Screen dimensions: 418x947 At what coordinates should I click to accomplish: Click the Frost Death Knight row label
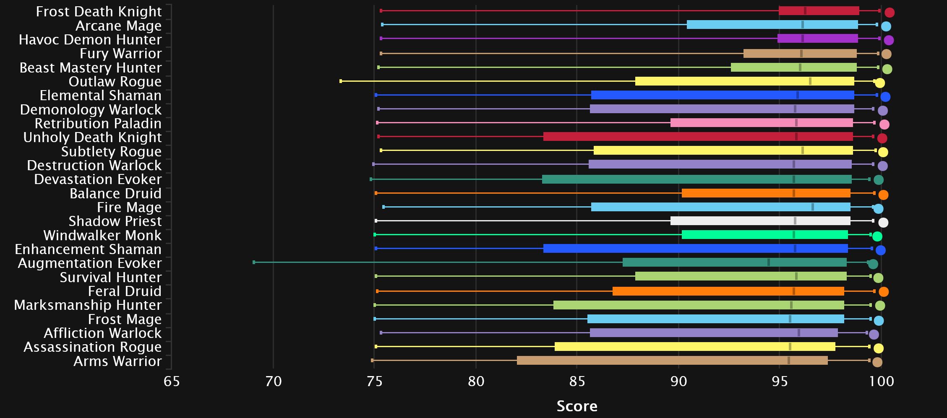99,12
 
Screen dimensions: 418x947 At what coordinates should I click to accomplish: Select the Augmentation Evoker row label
89,263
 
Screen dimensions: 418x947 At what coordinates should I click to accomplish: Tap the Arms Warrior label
117,361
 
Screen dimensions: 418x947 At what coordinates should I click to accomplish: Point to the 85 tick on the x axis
577,382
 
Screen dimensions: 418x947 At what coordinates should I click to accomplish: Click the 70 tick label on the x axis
273,382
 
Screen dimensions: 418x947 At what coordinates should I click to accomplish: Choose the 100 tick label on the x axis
881,382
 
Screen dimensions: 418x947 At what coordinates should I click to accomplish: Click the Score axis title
577,406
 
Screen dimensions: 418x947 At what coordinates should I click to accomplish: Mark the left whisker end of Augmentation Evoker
254,262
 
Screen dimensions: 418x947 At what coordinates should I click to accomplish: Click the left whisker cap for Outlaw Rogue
341,81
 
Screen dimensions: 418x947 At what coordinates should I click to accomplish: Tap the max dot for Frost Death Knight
890,13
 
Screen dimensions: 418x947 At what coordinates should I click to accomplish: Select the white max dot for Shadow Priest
883,223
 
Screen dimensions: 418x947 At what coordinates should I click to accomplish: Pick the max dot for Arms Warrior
877,362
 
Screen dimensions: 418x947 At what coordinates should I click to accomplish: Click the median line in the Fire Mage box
813,207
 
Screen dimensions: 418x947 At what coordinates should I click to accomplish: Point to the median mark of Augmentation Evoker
769,262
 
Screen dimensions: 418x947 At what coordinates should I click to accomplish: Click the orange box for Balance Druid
766,193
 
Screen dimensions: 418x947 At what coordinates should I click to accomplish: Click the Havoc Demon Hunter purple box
817,39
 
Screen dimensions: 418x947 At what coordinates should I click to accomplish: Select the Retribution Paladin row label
98,124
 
